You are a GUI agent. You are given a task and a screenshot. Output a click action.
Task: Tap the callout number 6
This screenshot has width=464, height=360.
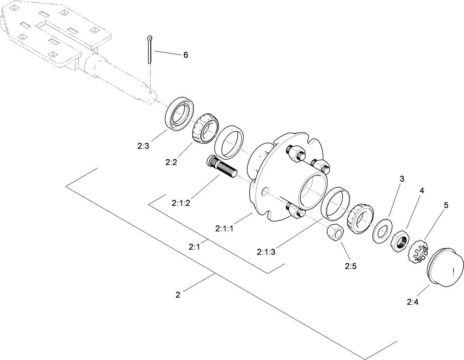click(x=186, y=55)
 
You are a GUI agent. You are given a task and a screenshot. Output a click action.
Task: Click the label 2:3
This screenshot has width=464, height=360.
click(x=143, y=146)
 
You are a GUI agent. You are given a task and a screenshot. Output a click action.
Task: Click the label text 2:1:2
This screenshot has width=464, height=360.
click(x=181, y=202)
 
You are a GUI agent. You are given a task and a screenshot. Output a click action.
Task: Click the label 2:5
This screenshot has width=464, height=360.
click(x=350, y=265)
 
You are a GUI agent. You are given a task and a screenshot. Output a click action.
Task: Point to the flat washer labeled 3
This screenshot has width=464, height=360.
click(x=382, y=231)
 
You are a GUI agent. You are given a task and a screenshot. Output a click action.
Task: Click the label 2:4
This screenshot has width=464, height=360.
click(x=412, y=302)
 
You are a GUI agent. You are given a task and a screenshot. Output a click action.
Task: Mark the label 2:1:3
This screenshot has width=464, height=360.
click(x=266, y=252)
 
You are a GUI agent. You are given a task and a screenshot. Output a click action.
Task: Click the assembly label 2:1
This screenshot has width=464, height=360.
click(x=194, y=247)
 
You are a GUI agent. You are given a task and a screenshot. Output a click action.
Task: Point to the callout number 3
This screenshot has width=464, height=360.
click(x=402, y=179)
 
